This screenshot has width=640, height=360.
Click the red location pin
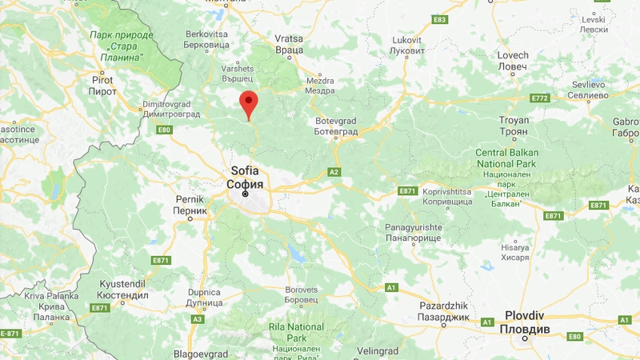click(249, 104)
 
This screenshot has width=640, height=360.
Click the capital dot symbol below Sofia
click(246, 193)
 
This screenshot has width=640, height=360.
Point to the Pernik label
click(190, 204)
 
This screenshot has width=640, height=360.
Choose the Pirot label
click(102, 86)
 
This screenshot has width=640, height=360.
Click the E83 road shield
click(438, 19)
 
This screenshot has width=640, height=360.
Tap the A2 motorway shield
click(335, 171)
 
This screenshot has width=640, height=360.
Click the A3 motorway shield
click(198, 319)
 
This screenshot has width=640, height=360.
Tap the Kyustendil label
click(125, 290)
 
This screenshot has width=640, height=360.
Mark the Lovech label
click(513, 61)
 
